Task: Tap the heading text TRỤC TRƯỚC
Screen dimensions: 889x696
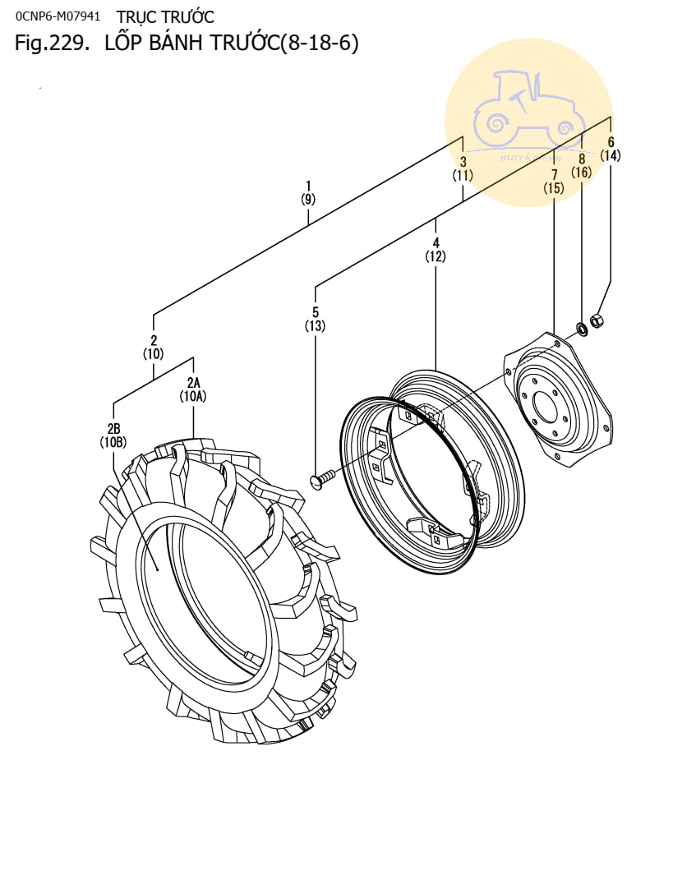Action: [x=165, y=16]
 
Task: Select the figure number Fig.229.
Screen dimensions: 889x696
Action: [x=51, y=44]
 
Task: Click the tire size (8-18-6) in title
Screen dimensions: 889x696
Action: [x=320, y=44]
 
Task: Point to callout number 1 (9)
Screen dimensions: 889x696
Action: [x=308, y=191]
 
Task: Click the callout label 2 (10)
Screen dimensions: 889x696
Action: [x=154, y=347]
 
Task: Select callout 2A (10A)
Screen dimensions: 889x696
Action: [x=193, y=389]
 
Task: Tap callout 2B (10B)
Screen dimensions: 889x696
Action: [x=113, y=435]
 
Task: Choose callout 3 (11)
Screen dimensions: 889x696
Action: [x=463, y=168]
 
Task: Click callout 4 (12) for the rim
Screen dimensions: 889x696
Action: [x=436, y=249]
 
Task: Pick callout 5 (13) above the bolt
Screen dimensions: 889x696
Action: [x=315, y=319]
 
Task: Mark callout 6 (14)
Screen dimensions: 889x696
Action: [x=611, y=149]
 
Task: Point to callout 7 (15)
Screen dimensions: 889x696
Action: [x=554, y=181]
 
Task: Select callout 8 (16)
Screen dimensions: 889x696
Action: [x=582, y=165]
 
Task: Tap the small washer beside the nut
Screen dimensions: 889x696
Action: [x=582, y=329]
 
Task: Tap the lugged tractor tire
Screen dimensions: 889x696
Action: [x=222, y=592]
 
